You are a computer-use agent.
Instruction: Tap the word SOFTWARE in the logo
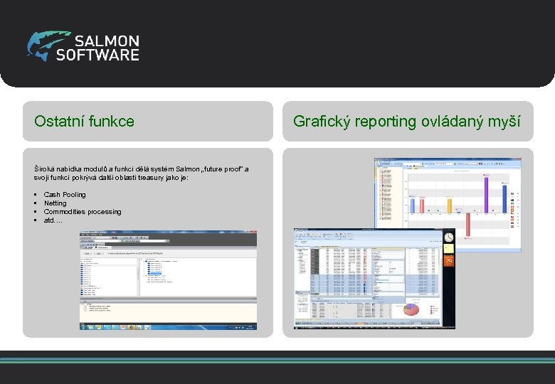pos(97,55)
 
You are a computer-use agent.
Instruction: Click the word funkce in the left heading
pos(112,122)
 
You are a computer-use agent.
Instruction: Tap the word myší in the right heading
pos(506,122)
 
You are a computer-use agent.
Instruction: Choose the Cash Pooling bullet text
pos(65,195)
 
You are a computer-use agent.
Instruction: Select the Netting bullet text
pos(55,203)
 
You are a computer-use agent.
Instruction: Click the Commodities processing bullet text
pos(83,212)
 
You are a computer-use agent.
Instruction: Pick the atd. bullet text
pos(52,220)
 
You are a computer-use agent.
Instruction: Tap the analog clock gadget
pos(449,238)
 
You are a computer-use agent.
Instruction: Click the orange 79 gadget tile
pos(448,260)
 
